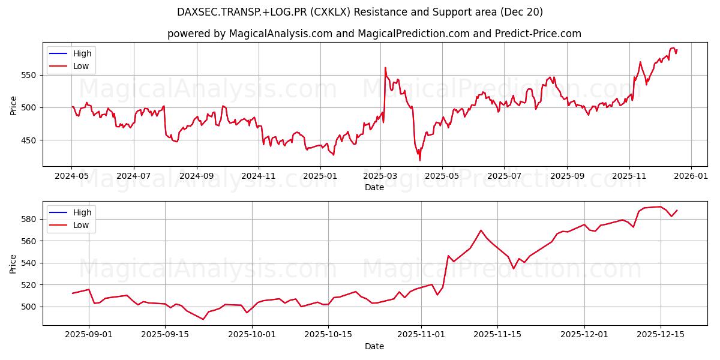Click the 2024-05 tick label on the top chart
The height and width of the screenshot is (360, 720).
tap(71, 176)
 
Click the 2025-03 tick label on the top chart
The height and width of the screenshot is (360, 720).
tap(380, 176)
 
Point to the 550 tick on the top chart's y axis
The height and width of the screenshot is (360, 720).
tap(29, 75)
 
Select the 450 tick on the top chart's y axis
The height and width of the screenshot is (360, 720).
tap(29, 140)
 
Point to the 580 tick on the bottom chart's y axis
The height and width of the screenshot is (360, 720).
tap(29, 219)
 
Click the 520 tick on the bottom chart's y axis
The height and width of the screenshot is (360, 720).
tap(29, 285)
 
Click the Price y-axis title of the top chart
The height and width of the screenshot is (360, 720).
tap(13, 105)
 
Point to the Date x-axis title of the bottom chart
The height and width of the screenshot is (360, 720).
tap(374, 346)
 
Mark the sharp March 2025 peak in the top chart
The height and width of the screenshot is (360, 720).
tap(385, 68)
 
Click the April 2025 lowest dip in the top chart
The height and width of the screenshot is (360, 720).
tap(420, 160)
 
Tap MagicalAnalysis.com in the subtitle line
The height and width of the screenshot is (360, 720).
tap(280, 34)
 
